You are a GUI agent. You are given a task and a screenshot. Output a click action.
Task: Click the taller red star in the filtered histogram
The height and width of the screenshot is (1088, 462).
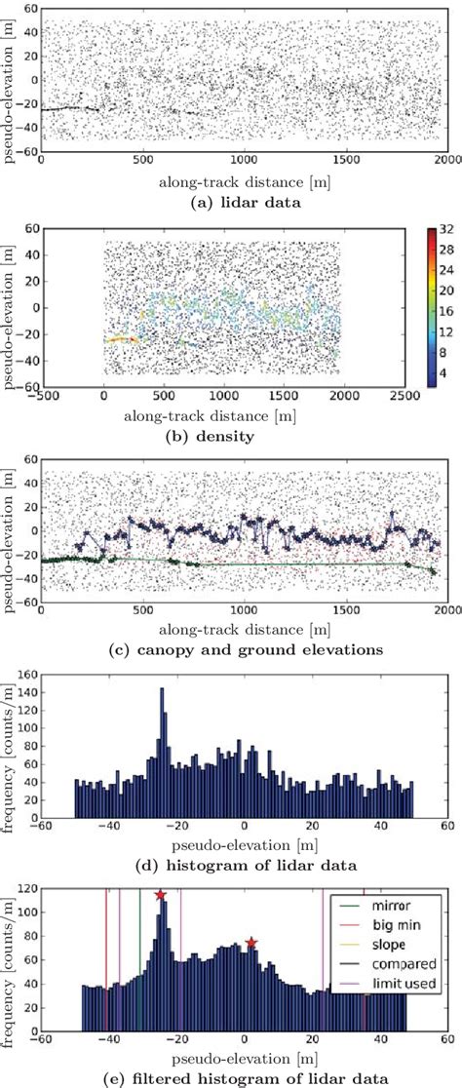pos(160,895)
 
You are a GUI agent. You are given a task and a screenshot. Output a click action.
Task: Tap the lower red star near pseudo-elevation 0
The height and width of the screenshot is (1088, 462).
pos(251,943)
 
